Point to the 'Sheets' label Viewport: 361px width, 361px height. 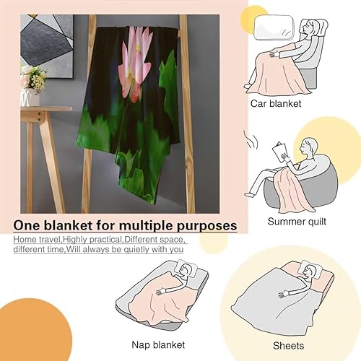click(297, 344)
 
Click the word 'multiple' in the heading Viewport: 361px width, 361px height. click(133, 226)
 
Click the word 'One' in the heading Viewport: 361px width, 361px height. click(28, 226)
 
